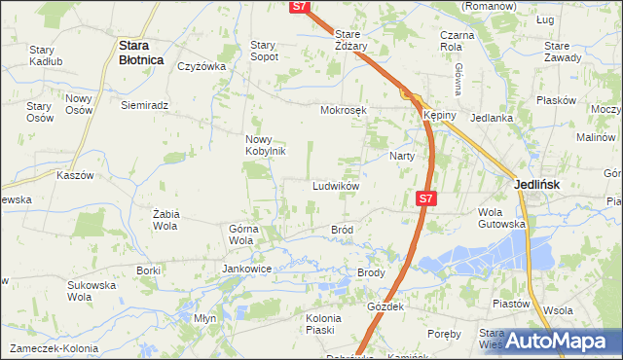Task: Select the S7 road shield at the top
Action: tap(301, 7)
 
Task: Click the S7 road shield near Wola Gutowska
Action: tap(424, 198)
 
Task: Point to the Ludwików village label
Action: tap(336, 186)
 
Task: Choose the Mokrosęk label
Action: tap(344, 110)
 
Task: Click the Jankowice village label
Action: tap(246, 269)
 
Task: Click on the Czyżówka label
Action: tap(202, 67)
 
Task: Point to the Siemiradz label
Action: tap(145, 105)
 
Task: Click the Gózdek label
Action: tap(385, 306)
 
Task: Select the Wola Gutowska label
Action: tap(501, 217)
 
